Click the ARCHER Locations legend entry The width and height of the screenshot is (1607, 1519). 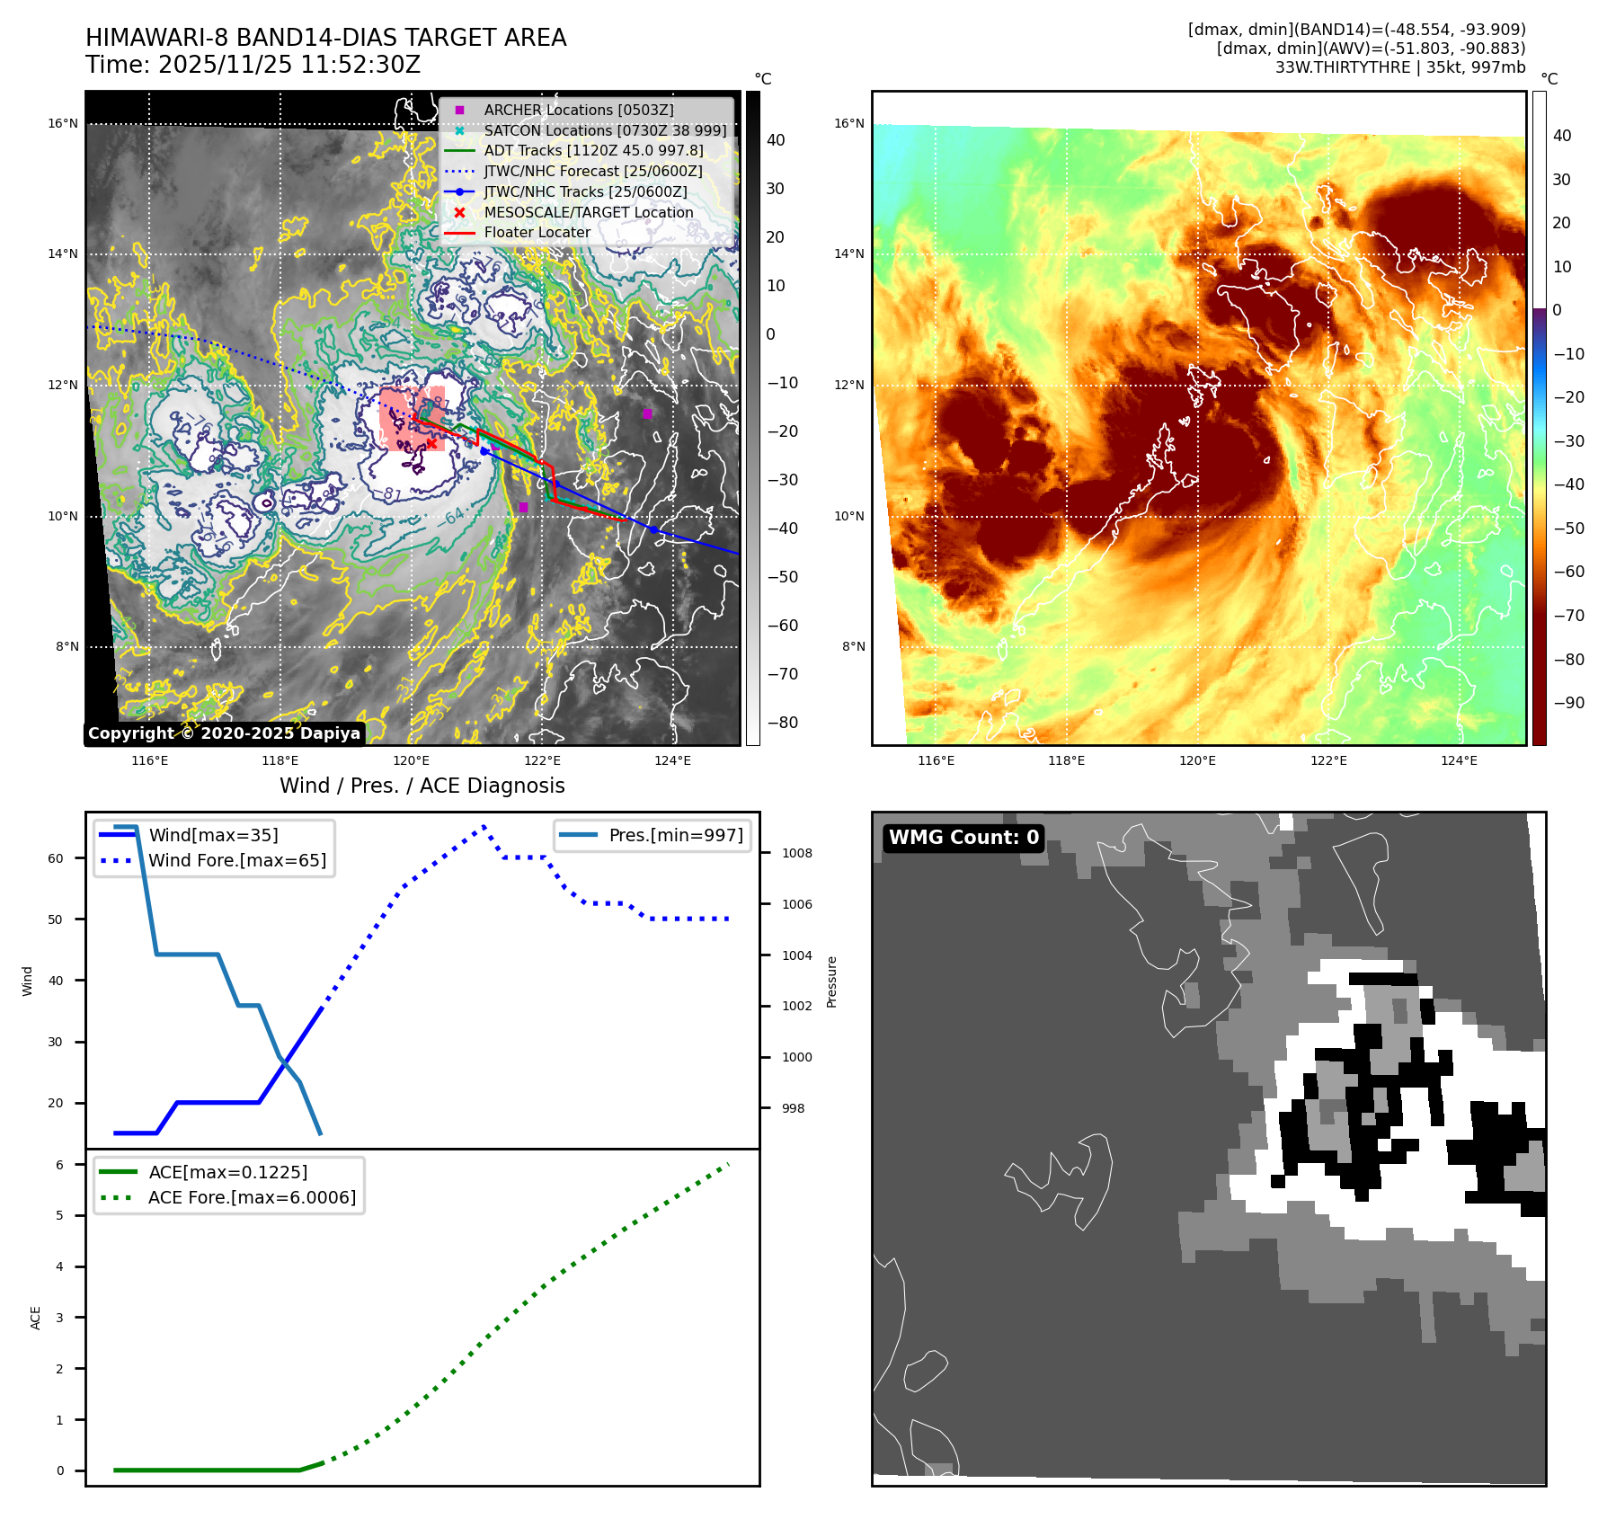578,110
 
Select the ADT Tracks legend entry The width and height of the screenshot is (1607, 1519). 593,150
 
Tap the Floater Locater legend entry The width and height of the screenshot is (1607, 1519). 537,232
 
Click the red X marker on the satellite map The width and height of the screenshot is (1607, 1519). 431,443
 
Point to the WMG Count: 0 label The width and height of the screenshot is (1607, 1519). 963,838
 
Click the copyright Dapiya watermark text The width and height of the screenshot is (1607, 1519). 224,733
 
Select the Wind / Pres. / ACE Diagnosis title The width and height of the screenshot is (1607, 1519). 422,786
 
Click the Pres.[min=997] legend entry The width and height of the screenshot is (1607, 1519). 675,835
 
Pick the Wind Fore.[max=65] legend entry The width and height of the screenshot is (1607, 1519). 237,860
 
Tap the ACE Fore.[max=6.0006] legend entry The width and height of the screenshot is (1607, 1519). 252,1197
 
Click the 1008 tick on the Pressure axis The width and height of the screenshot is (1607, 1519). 796,853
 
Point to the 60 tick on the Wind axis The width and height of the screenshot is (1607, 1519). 56,858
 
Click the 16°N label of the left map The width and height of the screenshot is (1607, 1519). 63,124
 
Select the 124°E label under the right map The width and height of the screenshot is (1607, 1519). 1459,760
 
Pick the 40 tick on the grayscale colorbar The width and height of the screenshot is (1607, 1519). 775,140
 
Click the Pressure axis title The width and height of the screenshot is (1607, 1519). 831,982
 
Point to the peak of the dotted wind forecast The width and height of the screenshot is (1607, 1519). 484,825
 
